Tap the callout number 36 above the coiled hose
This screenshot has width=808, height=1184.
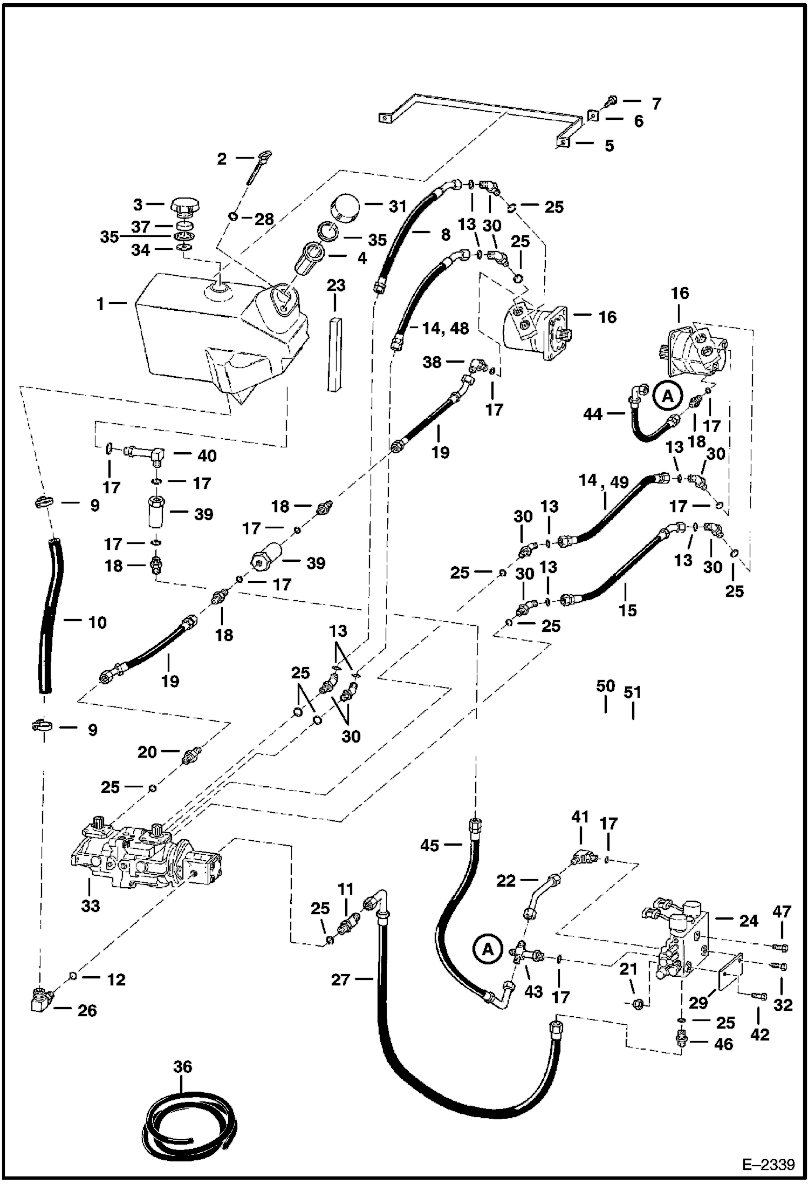click(x=183, y=1066)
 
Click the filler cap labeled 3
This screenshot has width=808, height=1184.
click(x=185, y=206)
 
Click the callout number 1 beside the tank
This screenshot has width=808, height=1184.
click(x=100, y=304)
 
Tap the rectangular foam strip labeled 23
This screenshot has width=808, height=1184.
click(x=335, y=353)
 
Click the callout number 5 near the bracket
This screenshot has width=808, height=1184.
click(x=609, y=145)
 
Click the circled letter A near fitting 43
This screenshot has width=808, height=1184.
click(x=488, y=949)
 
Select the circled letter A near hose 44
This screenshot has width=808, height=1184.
click(x=668, y=397)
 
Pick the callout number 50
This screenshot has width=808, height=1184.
click(x=605, y=686)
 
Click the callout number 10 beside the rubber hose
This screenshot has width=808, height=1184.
click(x=97, y=622)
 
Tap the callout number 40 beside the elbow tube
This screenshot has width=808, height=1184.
click(x=207, y=455)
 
